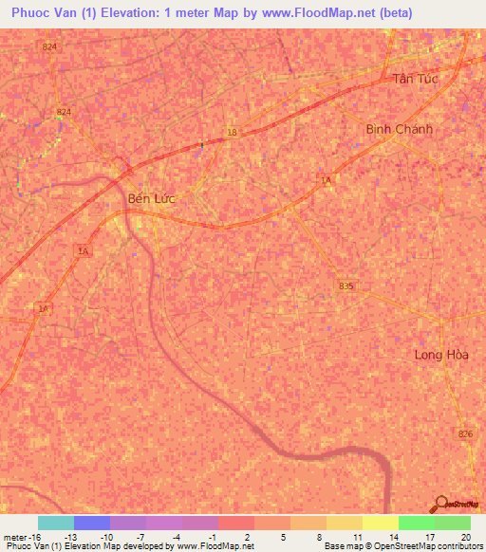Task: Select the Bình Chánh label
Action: click(399, 129)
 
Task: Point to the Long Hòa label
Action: click(442, 355)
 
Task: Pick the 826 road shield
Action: click(464, 433)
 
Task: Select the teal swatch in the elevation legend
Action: click(56, 523)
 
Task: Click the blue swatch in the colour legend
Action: click(92, 523)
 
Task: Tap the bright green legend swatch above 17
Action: click(417, 523)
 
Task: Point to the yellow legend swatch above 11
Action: click(345, 523)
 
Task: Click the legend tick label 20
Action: click(465, 536)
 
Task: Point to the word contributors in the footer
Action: click(458, 546)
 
